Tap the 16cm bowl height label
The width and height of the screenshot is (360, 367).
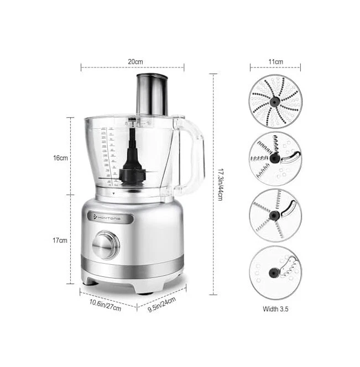click(x=60, y=158)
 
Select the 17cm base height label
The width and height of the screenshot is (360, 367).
click(x=60, y=240)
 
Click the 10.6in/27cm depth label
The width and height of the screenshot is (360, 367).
click(x=105, y=305)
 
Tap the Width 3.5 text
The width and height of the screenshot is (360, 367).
click(x=275, y=309)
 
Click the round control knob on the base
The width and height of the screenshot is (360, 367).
click(x=105, y=246)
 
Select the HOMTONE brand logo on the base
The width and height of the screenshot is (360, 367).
click(x=114, y=218)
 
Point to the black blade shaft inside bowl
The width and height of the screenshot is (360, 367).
click(x=133, y=158)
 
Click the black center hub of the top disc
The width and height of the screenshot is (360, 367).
click(x=275, y=101)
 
